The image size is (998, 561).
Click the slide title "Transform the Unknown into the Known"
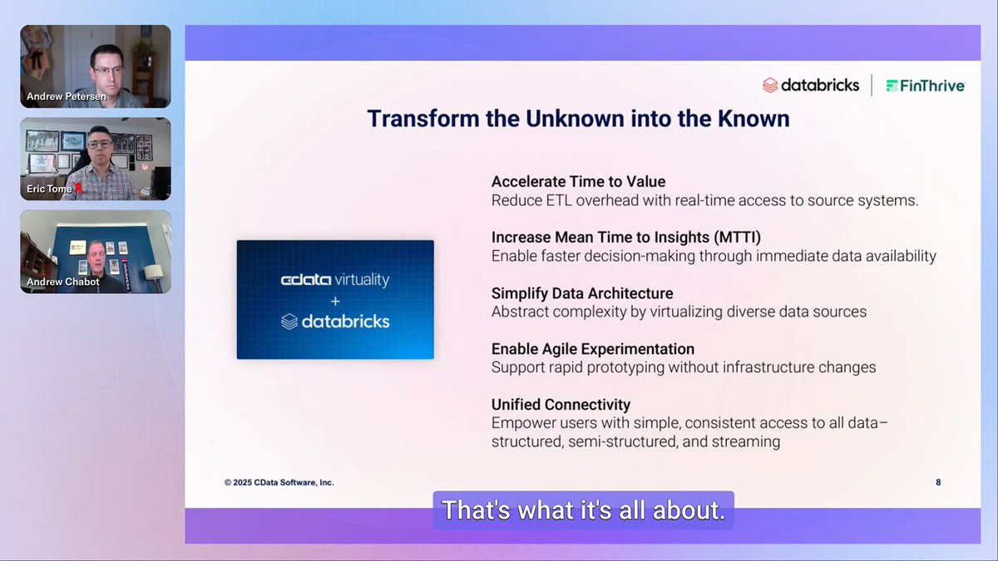point(578,119)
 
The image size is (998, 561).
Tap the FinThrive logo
point(926,86)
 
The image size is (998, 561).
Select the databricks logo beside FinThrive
point(811,85)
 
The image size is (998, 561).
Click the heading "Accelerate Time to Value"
point(578,182)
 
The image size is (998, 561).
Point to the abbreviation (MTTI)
point(737,238)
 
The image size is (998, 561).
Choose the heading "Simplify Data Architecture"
point(582,293)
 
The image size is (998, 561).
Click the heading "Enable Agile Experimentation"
point(592,349)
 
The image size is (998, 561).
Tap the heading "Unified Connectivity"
point(561,405)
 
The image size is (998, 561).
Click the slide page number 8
point(938,482)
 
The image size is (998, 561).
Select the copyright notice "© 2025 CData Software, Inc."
point(279,483)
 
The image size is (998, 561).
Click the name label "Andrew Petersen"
point(67,96)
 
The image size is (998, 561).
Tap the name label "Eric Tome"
point(49,189)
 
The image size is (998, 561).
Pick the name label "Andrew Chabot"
point(63,282)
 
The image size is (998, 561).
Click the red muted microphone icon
point(78,188)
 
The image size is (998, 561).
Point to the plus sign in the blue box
point(335,302)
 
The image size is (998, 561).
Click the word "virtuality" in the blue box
point(362,280)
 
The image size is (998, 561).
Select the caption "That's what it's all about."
point(583,510)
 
